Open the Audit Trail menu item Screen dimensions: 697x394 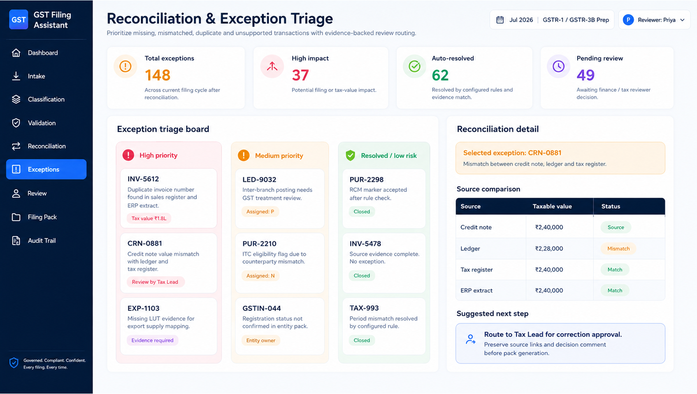(x=42, y=241)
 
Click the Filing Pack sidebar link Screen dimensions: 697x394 (x=42, y=217)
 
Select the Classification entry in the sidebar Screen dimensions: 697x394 (x=46, y=99)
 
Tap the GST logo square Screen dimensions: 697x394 (x=19, y=19)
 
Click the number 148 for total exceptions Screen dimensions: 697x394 (x=158, y=75)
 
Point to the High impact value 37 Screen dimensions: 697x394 (x=300, y=75)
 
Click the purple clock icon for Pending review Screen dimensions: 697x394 (x=558, y=66)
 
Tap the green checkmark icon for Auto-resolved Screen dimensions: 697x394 (x=414, y=66)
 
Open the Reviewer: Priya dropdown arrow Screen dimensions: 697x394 (x=682, y=20)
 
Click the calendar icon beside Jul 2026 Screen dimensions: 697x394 (x=500, y=20)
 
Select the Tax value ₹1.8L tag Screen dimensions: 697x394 (x=149, y=218)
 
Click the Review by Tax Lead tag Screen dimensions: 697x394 (x=155, y=282)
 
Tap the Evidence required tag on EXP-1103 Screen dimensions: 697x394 (x=152, y=340)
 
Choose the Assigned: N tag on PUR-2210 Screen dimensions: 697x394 (x=260, y=276)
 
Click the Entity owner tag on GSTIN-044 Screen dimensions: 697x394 (x=261, y=340)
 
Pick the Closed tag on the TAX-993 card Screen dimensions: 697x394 (x=362, y=340)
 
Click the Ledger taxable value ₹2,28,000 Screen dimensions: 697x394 (x=549, y=249)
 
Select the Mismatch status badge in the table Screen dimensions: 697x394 (x=618, y=249)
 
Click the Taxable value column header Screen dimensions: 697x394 (x=552, y=206)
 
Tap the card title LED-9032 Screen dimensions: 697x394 (x=259, y=180)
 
